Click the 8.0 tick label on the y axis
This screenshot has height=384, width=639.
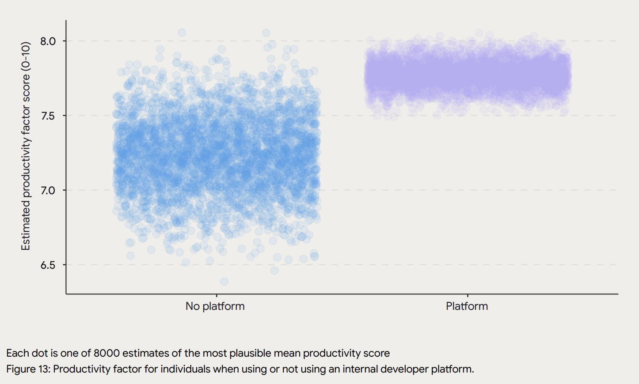tap(48, 41)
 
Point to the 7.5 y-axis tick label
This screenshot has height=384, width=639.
tap(48, 116)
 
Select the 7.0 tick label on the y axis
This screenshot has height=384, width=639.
tap(48, 190)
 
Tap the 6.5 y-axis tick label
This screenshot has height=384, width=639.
tap(48, 265)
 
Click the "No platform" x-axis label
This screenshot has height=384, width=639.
tap(215, 306)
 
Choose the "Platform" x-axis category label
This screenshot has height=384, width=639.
tap(467, 306)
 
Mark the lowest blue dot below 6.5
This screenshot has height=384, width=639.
tap(224, 282)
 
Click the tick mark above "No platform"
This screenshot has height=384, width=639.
tap(217, 296)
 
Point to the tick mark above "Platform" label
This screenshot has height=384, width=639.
tap(468, 296)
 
